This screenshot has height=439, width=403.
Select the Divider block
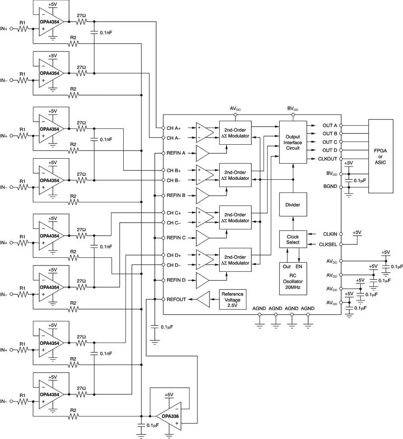(x=292, y=205)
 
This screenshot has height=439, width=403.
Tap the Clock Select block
(x=292, y=239)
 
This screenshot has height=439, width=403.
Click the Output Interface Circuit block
(x=292, y=142)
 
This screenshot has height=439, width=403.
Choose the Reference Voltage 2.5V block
(x=232, y=299)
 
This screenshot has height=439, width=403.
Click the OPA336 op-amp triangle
(x=170, y=414)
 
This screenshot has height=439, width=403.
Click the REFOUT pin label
(x=176, y=299)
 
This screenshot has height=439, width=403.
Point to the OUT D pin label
(x=329, y=150)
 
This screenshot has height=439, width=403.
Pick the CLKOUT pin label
(x=327, y=158)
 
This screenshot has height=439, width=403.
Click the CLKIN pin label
(x=330, y=234)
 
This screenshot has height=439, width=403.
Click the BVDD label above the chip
(x=293, y=109)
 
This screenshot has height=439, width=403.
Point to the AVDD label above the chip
(x=235, y=109)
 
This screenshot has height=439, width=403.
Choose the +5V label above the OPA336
(x=169, y=394)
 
